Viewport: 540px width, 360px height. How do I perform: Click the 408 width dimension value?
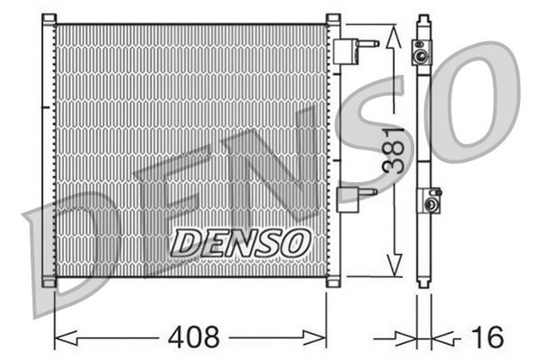pos(193,338)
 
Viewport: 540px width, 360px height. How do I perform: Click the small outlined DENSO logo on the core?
pos(240,243)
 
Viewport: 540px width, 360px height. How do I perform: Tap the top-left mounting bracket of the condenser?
pos(49,19)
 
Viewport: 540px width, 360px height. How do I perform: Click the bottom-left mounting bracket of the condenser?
pos(49,282)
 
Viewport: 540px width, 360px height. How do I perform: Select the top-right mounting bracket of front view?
pos(333,19)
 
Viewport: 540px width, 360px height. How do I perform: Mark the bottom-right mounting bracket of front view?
pos(333,282)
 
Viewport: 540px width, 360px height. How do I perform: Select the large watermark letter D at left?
pos(72,253)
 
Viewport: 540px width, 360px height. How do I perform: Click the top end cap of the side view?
pos(423,20)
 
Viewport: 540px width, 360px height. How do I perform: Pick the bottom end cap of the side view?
pos(423,280)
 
